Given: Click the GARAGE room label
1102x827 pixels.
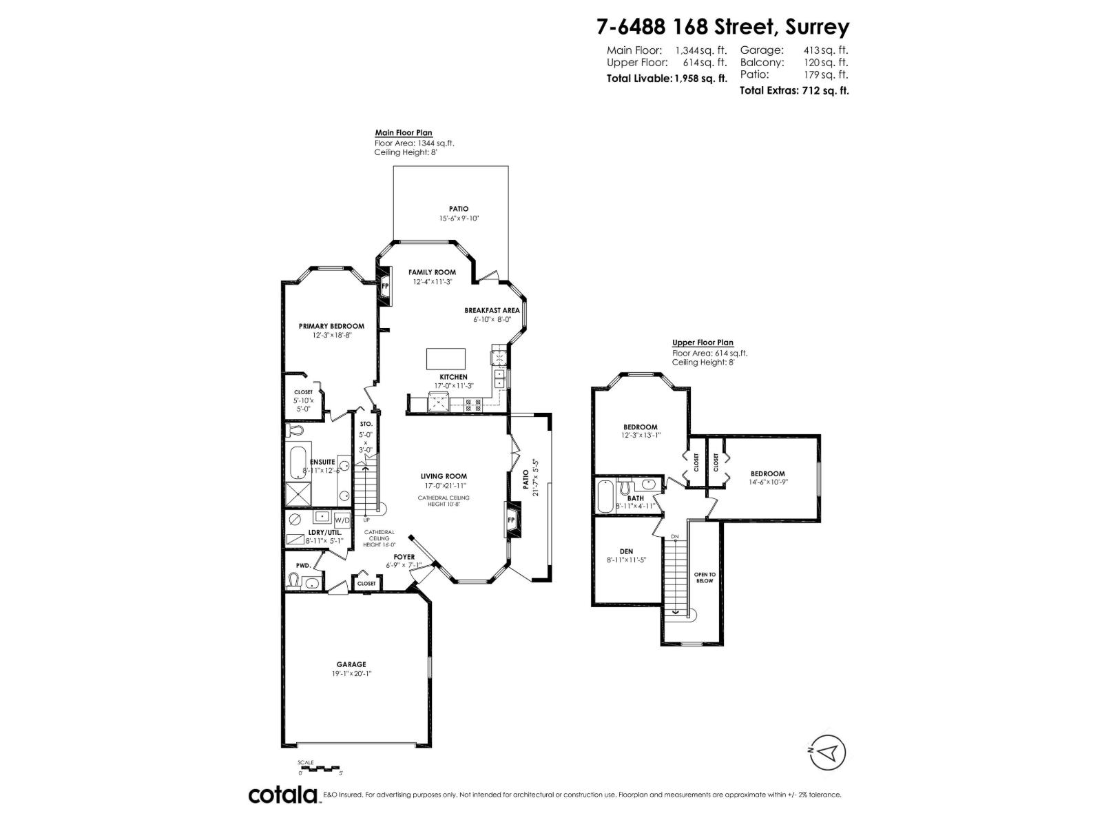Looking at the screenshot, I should tap(351, 664).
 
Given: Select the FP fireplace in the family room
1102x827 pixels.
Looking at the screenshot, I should tap(385, 285).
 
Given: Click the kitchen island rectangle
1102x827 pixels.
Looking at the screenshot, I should tap(446, 359).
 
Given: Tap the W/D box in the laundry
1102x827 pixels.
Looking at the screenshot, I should tap(342, 519).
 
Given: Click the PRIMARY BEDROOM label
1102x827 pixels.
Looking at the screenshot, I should tap(331, 326).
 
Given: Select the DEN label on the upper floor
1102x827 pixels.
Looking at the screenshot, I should tap(626, 551).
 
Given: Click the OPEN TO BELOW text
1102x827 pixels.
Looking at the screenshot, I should tap(704, 578).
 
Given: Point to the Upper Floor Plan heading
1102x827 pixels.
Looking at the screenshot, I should tap(703, 343).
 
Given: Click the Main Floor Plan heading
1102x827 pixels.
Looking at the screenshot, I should tap(403, 133).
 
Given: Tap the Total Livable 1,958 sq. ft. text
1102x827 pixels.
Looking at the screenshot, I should tap(666, 79).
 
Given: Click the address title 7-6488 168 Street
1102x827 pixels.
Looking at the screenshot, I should tap(722, 27).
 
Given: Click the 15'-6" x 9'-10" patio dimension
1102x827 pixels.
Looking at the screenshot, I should tap(459, 218).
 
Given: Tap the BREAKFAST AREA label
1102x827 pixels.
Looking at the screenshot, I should tap(492, 310).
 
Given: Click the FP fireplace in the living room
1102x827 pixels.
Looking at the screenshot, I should tap(512, 520).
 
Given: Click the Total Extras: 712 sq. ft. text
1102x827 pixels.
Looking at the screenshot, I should tap(793, 90).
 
